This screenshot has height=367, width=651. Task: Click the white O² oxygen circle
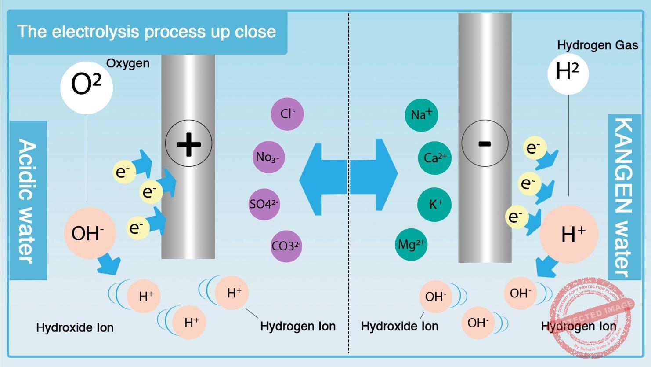pyautogui.click(x=86, y=87)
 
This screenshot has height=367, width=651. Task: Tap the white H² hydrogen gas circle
pyautogui.click(x=568, y=73)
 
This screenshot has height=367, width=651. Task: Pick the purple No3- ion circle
pyautogui.click(x=268, y=157)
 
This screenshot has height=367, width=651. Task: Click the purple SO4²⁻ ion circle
pyautogui.click(x=264, y=204)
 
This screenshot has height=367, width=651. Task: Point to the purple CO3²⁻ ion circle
pyautogui.click(x=286, y=246)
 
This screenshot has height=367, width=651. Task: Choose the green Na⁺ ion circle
pyautogui.click(x=421, y=115)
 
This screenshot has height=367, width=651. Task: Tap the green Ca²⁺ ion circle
pyautogui.click(x=435, y=158)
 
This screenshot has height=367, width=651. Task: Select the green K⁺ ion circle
pyautogui.click(x=434, y=204)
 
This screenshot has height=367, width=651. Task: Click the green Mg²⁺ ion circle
pyautogui.click(x=411, y=244)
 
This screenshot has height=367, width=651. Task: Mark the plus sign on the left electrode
pyautogui.click(x=188, y=143)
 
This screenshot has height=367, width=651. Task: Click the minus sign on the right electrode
pyautogui.click(x=485, y=143)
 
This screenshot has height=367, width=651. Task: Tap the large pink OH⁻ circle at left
pyautogui.click(x=90, y=233)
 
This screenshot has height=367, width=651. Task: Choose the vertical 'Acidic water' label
pyautogui.click(x=28, y=201)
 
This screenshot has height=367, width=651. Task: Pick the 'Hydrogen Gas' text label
pyautogui.click(x=597, y=45)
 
